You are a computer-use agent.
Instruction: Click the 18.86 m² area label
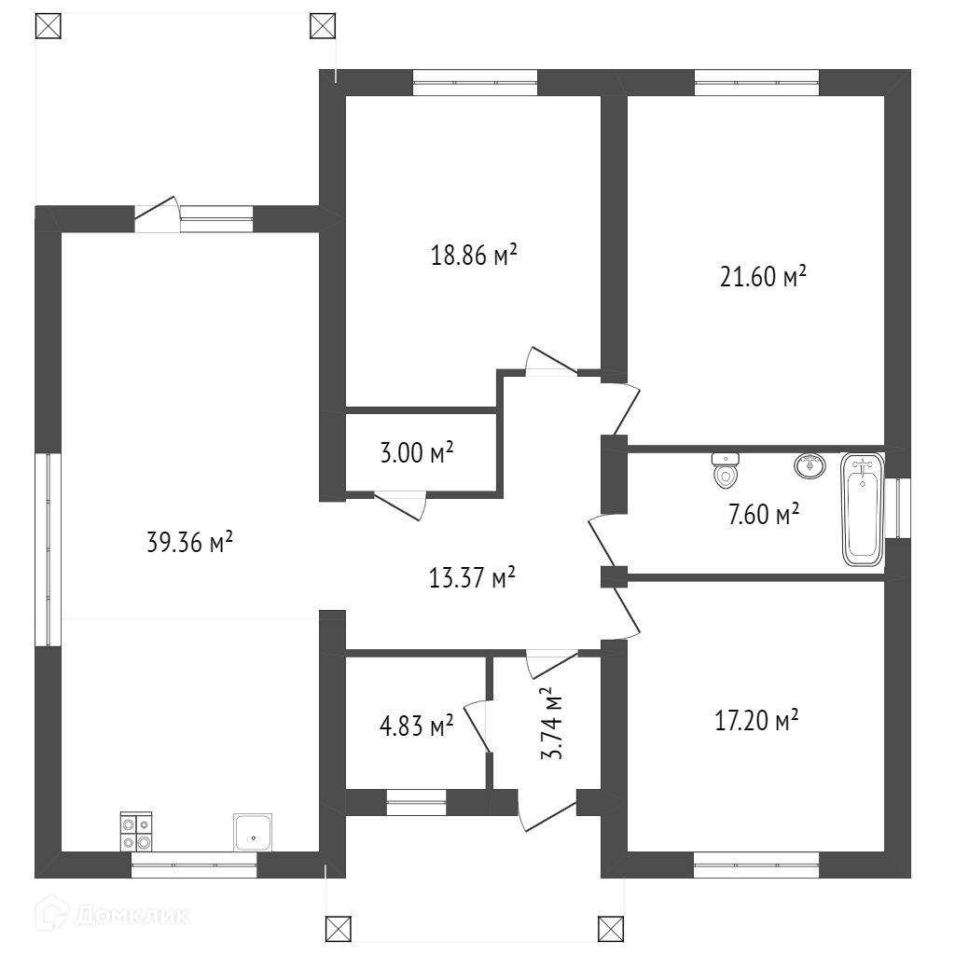pos(474,256)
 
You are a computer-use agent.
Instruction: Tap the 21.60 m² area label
pos(763,277)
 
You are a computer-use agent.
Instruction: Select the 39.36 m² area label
pos(189,542)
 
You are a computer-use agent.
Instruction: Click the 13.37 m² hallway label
pos(473,579)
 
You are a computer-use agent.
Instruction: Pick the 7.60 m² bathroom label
pos(763,513)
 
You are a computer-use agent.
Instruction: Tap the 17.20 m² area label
pos(755,721)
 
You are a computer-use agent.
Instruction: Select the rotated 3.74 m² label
pos(552,724)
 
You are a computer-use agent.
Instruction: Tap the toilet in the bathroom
pos(726,471)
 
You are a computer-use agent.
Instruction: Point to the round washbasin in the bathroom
pos(810,465)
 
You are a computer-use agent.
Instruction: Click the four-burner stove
pos(136,832)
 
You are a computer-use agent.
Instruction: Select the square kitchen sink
pos(253,831)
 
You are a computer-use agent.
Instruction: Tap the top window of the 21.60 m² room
pos(756,83)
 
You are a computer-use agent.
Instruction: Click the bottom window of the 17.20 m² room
pos(756,865)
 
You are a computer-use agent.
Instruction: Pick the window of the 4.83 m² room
pos(417,802)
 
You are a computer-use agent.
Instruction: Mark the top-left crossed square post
pos(48,25)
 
